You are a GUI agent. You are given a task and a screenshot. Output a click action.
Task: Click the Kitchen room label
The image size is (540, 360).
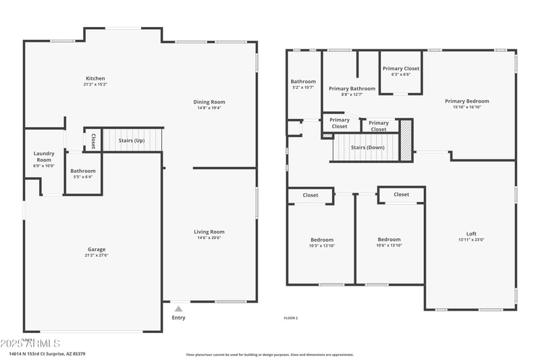[x=95, y=78]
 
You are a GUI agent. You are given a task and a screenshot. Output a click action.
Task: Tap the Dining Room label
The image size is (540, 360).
[x=211, y=102]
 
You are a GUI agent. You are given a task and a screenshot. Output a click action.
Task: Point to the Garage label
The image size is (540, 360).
[x=95, y=249]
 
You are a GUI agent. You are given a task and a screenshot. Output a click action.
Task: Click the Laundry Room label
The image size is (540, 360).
[x=44, y=157]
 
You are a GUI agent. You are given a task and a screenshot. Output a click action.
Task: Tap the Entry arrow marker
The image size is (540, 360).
[x=178, y=309]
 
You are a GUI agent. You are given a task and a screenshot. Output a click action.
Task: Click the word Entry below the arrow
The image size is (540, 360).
[x=178, y=317]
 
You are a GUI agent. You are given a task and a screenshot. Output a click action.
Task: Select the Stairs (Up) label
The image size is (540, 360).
[x=132, y=140]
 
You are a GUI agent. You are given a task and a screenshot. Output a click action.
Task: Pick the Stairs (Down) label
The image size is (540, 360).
[x=368, y=147]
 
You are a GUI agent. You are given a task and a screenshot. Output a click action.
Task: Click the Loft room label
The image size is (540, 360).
[x=470, y=234]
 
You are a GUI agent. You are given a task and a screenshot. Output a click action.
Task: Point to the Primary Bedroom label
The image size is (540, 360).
[x=466, y=101]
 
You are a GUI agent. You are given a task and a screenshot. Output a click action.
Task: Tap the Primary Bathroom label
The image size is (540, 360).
[x=352, y=88]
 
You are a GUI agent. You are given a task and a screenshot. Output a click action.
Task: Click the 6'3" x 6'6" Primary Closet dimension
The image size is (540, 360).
[x=401, y=74]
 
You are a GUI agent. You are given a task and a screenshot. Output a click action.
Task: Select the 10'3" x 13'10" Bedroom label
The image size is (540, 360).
[x=321, y=245]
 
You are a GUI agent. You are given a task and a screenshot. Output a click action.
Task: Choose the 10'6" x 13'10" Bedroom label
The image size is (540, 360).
[x=389, y=245]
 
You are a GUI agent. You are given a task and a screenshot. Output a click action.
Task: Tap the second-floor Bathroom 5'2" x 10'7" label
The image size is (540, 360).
[x=303, y=87]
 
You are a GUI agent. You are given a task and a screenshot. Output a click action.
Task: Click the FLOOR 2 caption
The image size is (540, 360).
[x=290, y=318]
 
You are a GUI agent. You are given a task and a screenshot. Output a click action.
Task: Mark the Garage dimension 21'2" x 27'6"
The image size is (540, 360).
[x=95, y=255]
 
